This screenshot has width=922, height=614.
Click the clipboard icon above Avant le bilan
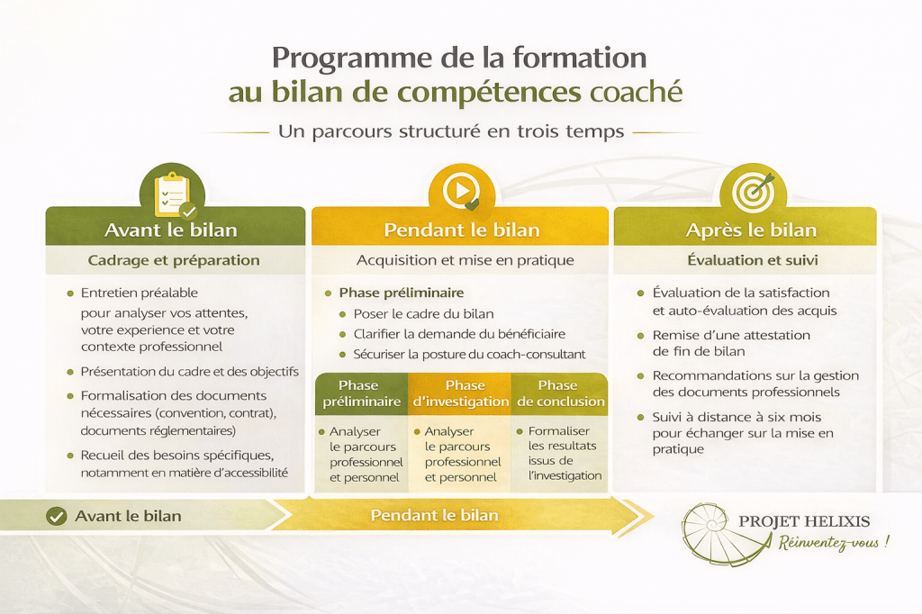[172, 195]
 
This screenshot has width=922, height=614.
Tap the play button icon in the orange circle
[462, 191]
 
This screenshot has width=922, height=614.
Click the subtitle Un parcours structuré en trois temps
[451, 131]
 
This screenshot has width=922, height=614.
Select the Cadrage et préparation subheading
[174, 260]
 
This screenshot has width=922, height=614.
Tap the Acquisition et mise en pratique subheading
[466, 260]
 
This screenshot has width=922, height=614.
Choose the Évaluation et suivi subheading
[753, 259]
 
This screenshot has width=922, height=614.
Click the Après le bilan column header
[751, 230]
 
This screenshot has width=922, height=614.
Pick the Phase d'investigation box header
[460, 393]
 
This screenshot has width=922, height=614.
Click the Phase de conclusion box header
[560, 393]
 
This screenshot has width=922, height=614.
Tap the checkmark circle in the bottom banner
[57, 517]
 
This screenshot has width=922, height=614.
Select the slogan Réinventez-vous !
[834, 542]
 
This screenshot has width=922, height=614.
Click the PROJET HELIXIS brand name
[804, 521]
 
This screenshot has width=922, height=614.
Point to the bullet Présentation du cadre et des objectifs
[189, 372]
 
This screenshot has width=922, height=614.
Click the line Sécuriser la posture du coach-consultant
[469, 354]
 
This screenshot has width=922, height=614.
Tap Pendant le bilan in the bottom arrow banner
[435, 515]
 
